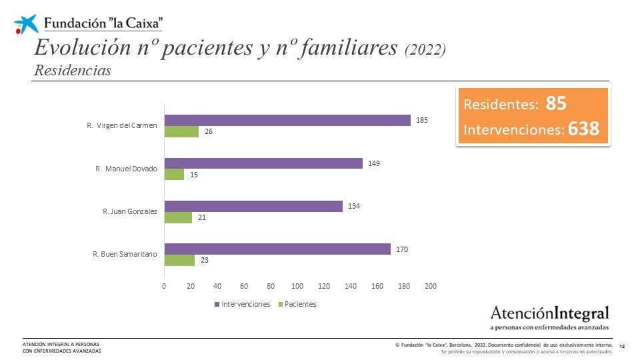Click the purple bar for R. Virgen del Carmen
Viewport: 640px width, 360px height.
pyautogui.click(x=287, y=121)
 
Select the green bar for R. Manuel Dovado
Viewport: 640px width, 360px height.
pyautogui.click(x=174, y=175)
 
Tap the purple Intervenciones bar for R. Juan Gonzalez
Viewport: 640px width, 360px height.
pyautogui.click(x=253, y=206)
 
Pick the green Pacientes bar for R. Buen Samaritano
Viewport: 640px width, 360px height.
pyautogui.click(x=179, y=261)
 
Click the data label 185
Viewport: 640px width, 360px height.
pyautogui.click(x=421, y=121)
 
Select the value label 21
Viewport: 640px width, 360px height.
pyautogui.click(x=201, y=218)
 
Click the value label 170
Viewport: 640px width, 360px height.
pyautogui.click(x=401, y=249)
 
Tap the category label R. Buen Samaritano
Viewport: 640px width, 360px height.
pyautogui.click(x=125, y=255)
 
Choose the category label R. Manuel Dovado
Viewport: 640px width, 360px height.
pyautogui.click(x=126, y=169)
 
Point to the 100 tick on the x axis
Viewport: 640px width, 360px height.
pyautogui.click(x=297, y=286)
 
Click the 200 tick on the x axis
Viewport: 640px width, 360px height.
pyautogui.click(x=431, y=286)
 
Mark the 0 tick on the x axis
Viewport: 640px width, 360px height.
pyautogui.click(x=164, y=286)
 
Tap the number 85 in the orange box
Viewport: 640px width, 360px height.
pyautogui.click(x=556, y=104)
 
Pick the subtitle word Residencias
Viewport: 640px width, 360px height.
pyautogui.click(x=72, y=70)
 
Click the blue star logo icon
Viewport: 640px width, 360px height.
pyautogui.click(x=26, y=25)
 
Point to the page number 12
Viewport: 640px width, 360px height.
pyautogui.click(x=622, y=346)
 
